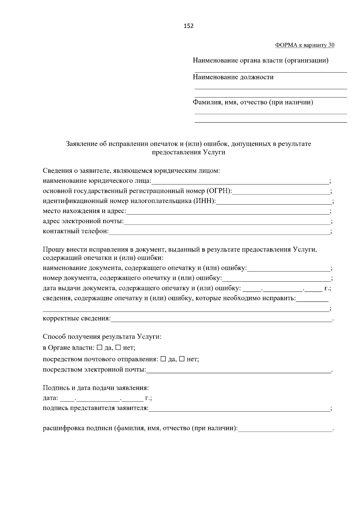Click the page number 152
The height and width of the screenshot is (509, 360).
coord(188,26)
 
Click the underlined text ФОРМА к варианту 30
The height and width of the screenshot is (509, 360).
coord(304,45)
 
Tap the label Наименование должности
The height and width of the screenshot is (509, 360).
coord(233,77)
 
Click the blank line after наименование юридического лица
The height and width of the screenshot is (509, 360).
coord(240,182)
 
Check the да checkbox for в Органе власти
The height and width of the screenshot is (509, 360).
coord(100,348)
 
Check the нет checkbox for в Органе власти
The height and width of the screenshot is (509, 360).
coord(118,348)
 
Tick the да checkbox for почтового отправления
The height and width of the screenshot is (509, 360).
coord(163,359)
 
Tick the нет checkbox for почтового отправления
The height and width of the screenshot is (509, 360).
coord(182,359)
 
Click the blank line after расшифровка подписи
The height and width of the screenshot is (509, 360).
coord(285,429)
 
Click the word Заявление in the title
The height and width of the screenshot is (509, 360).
coord(82,144)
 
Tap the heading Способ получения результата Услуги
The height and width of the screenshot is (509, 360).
coord(102,337)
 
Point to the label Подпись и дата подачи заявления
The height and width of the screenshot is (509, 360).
coord(96,388)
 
